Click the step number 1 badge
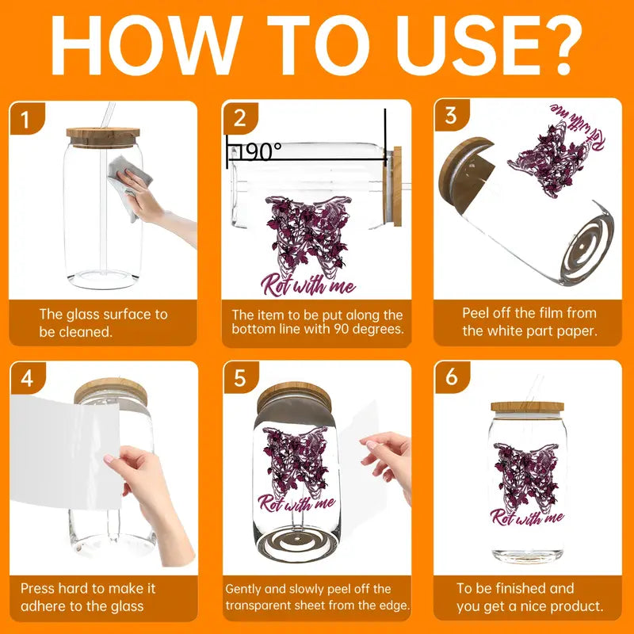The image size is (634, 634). (26, 118)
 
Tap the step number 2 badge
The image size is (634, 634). (240, 117)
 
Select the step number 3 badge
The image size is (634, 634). (451, 115)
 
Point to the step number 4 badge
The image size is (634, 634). (27, 378)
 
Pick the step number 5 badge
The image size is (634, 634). (241, 378)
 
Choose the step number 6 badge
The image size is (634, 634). (452, 377)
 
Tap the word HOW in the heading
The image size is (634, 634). (146, 45)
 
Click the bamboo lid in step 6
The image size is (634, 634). (527, 407)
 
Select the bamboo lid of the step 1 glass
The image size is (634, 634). (103, 137)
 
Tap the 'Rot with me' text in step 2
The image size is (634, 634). (308, 285)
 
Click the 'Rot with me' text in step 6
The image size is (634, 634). (527, 518)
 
